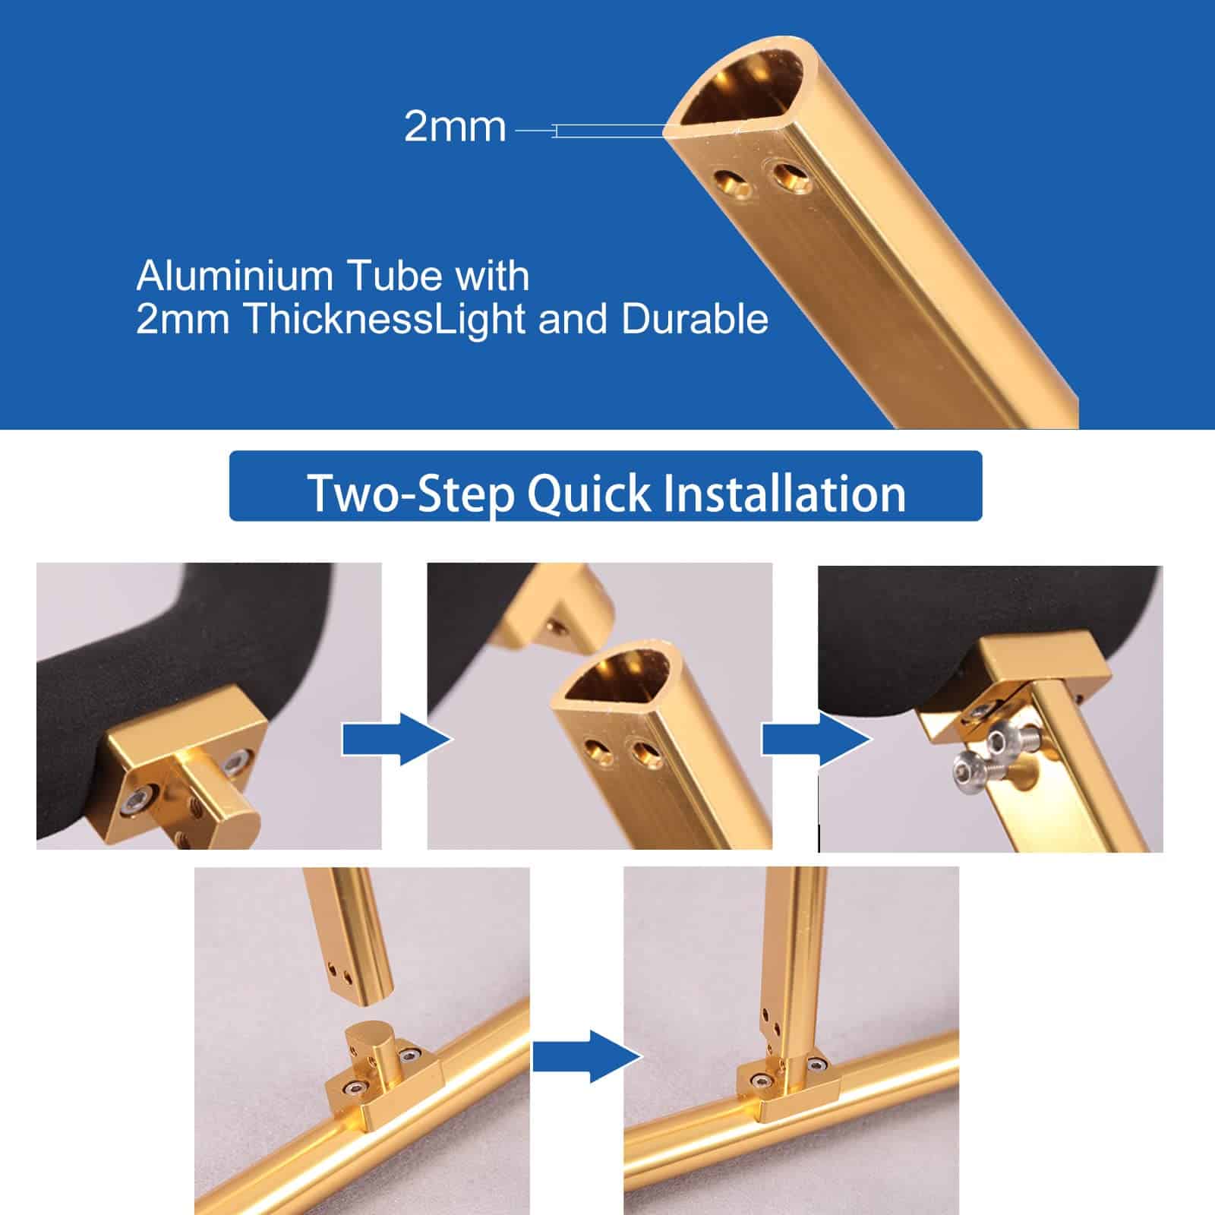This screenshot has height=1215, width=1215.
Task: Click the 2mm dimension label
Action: pyautogui.click(x=455, y=127)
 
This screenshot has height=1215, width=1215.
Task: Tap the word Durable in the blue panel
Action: pyautogui.click(x=695, y=319)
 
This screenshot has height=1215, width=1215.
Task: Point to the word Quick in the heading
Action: pyautogui.click(x=589, y=494)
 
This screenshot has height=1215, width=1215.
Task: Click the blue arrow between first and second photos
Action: pyautogui.click(x=397, y=739)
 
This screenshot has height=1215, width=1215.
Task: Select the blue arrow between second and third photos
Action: pyautogui.click(x=816, y=739)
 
